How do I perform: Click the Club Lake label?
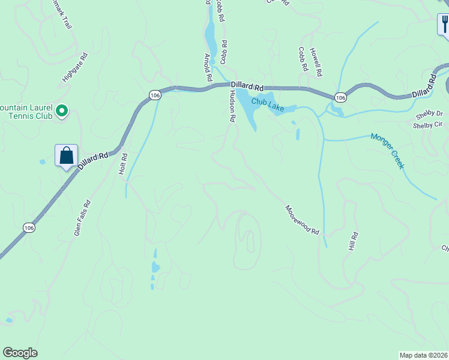[267, 102]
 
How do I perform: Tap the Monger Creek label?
[387, 150]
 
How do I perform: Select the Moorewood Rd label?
[302, 220]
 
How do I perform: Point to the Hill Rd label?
[354, 241]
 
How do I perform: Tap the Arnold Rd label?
[208, 67]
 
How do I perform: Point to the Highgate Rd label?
[75, 67]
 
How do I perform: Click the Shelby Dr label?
[427, 113]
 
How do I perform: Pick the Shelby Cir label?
[428, 125]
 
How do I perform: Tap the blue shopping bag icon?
[67, 155]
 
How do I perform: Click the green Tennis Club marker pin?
[61, 111]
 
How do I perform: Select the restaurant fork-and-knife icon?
[444, 24]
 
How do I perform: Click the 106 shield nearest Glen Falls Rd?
[29, 227]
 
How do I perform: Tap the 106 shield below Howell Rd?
[340, 97]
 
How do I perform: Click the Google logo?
[20, 353]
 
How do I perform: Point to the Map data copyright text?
[424, 355]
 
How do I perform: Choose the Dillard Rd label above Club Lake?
[247, 88]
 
